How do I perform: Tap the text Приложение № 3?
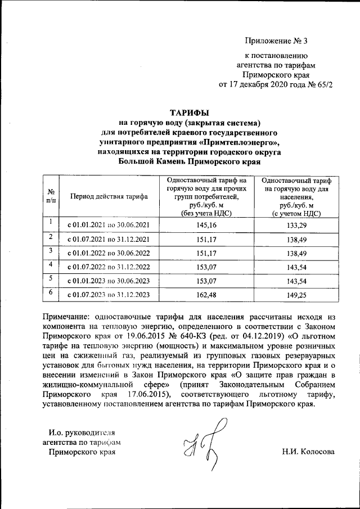click(x=277, y=40)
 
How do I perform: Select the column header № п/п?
click(x=51, y=196)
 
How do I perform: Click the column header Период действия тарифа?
click(x=109, y=196)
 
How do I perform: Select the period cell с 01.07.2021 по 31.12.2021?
click(x=109, y=239)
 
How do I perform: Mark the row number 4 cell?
click(x=51, y=264)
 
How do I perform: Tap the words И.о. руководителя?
click(x=82, y=433)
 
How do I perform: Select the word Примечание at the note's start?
click(x=68, y=316)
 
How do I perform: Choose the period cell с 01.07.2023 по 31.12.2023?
click(x=109, y=294)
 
